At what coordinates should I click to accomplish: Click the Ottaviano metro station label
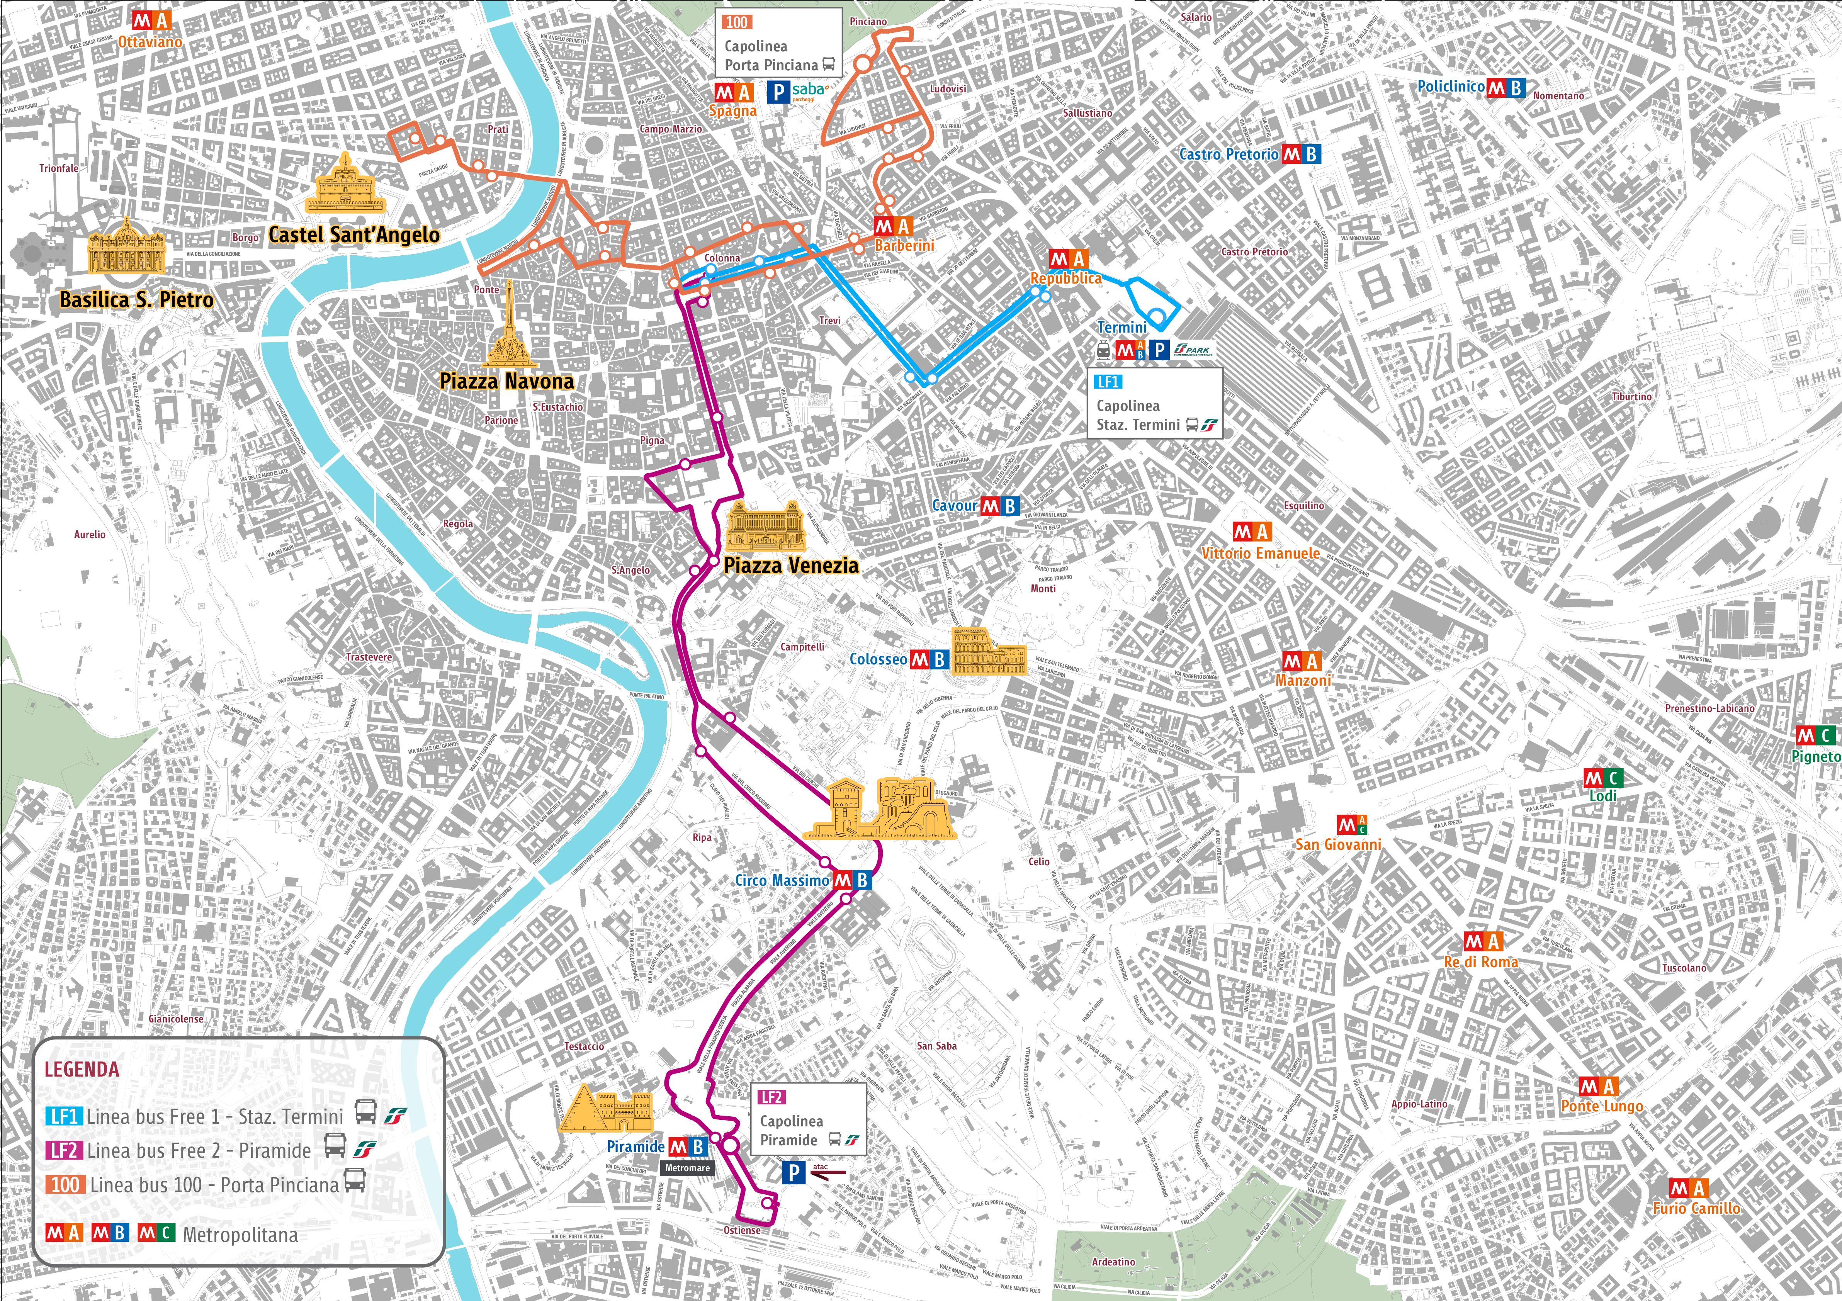pos(150,42)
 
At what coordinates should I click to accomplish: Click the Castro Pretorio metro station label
pos(1228,154)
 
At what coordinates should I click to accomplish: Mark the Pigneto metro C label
pos(1815,756)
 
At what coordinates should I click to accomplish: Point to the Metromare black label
pos(687,1168)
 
